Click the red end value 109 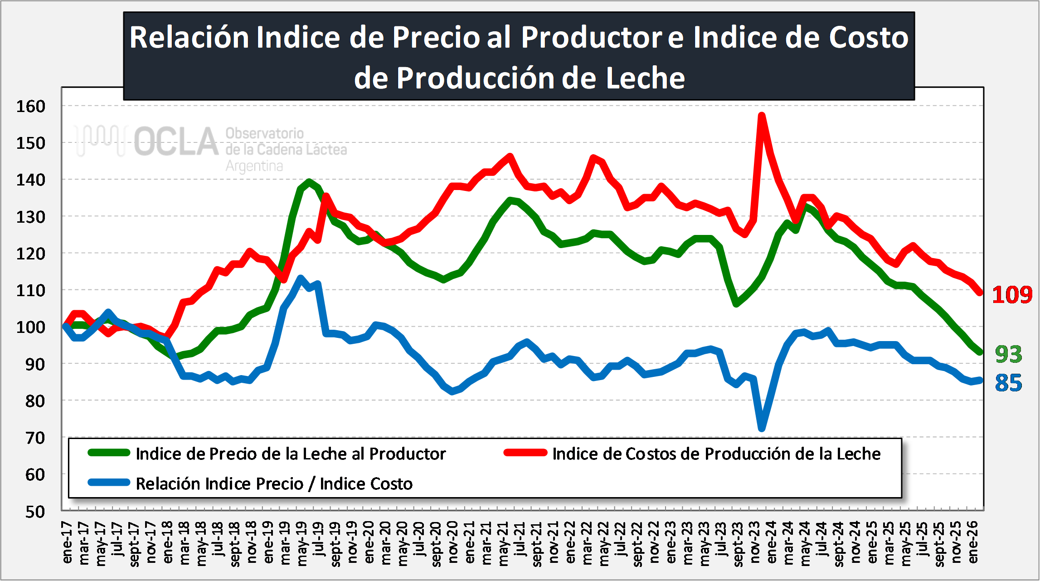pos(1011,295)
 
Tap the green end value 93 pos(1008,354)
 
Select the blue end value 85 pos(1008,383)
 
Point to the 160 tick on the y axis pos(31,106)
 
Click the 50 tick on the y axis pos(35,512)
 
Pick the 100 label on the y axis pos(31,327)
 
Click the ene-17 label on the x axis pos(67,542)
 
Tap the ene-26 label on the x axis pos(972,542)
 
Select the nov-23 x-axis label pos(754,542)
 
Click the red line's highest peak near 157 pos(762,115)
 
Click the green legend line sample pos(109,453)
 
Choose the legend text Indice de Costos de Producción pos(716,454)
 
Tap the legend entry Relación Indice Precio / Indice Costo pos(274,483)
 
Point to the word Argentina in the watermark pos(254,166)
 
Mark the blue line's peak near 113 pos(300,278)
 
